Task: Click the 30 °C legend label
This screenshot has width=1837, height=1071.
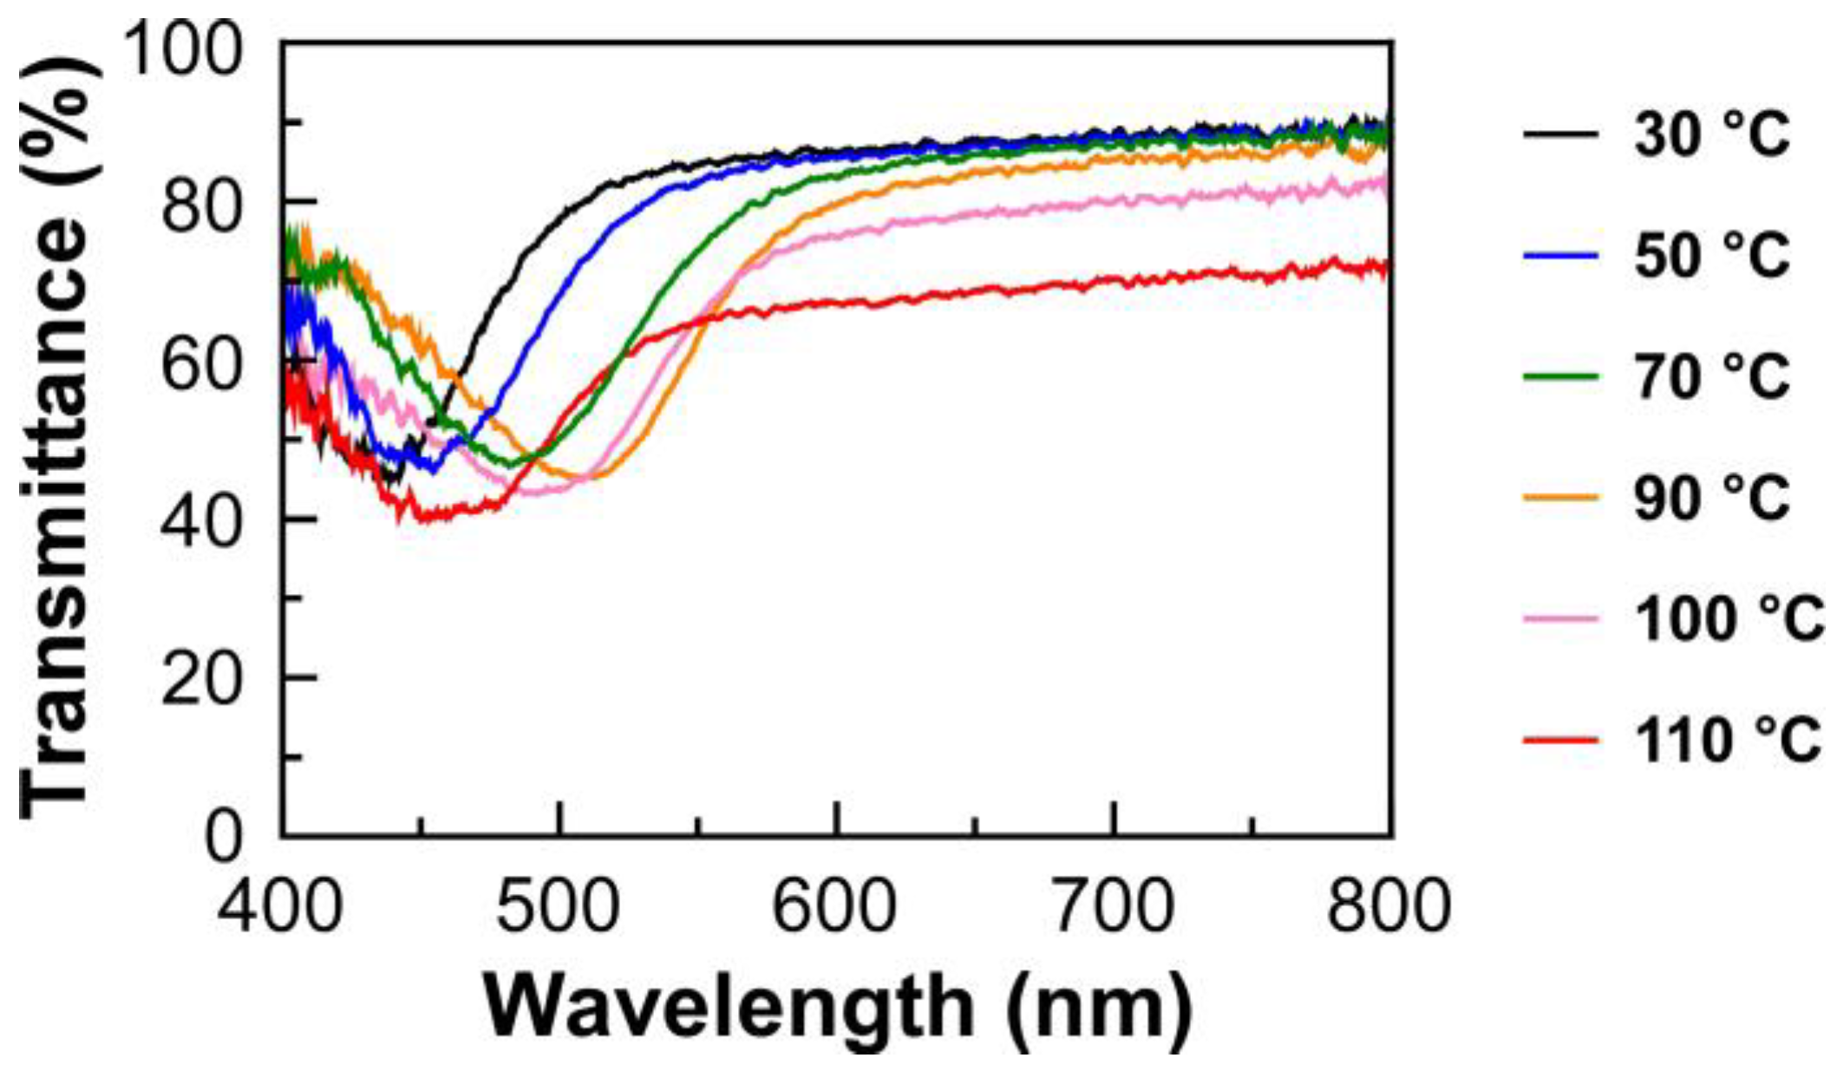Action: [1711, 134]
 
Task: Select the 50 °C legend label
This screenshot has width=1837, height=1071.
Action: [1711, 255]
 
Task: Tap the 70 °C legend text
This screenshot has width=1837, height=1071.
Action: [1711, 376]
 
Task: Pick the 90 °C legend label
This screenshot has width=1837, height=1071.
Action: [1711, 498]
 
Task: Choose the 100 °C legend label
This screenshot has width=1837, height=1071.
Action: [1728, 619]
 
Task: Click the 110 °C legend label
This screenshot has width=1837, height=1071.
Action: [1728, 741]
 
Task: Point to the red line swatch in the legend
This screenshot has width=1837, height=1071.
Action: [1559, 741]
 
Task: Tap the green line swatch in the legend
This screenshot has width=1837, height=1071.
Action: [1559, 376]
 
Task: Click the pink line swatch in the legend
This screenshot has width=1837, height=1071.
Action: [1559, 619]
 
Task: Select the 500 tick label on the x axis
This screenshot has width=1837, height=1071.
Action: [559, 905]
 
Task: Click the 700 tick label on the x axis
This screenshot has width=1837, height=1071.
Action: [1113, 905]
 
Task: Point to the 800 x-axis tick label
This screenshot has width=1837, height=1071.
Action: [1389, 905]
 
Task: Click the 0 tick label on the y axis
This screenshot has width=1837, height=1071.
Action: [224, 837]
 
